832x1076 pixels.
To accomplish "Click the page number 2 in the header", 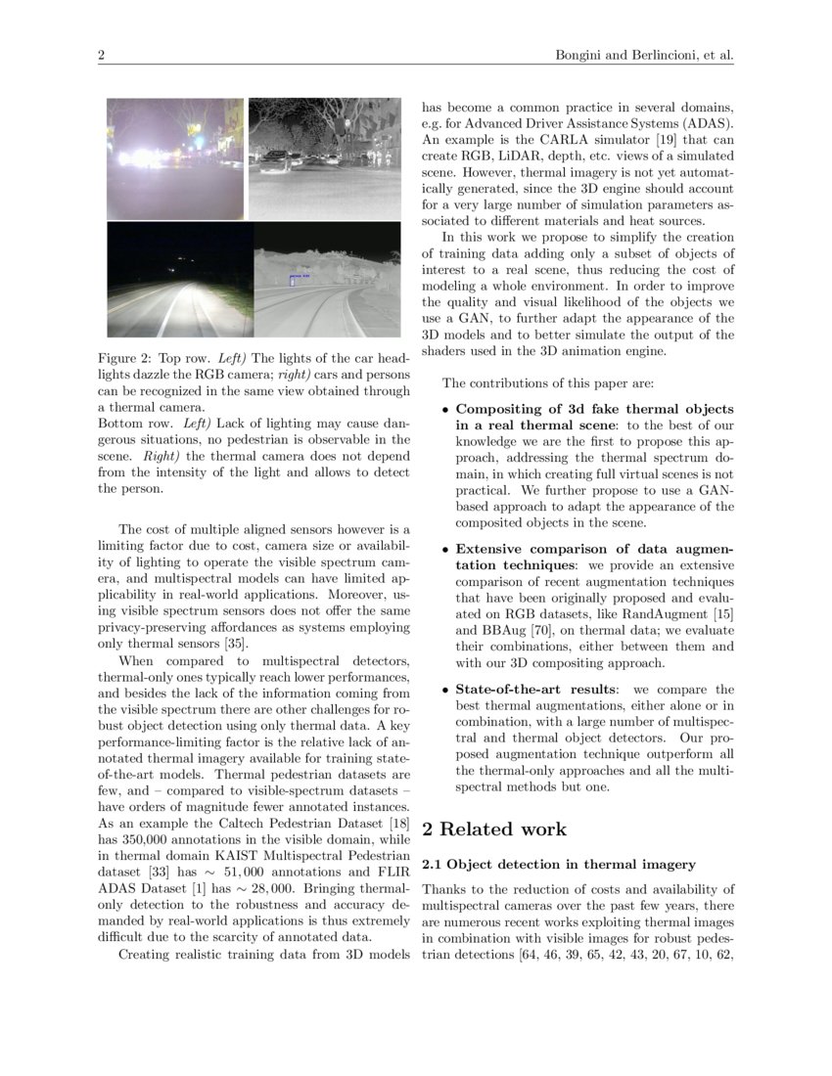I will coord(101,55).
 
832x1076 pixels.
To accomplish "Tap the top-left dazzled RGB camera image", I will coord(176,158).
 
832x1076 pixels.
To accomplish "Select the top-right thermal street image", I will coord(325,158).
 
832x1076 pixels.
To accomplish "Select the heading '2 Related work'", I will coord(493,829).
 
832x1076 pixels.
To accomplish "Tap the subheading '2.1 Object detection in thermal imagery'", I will coord(558,865).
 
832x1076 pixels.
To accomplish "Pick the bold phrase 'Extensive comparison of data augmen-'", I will coord(594,549).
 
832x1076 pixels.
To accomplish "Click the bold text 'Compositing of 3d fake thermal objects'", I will coord(594,409).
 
